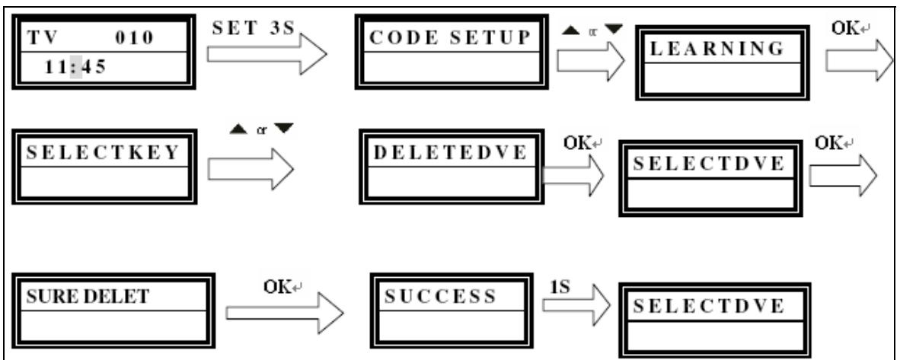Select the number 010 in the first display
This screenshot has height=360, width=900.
[x=134, y=38]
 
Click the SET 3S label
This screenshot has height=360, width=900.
[x=252, y=29]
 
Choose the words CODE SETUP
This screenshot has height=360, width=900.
[x=450, y=38]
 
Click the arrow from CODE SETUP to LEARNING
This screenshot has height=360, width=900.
[x=591, y=60]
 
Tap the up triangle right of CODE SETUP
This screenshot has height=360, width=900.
[x=572, y=29]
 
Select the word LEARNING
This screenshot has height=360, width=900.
[x=717, y=49]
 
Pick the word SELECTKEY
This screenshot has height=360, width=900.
[x=104, y=153]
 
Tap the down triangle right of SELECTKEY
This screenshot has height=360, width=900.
[x=283, y=129]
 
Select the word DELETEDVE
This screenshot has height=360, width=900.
[x=451, y=152]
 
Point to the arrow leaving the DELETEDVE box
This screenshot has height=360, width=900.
[x=573, y=174]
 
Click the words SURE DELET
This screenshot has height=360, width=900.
[x=88, y=296]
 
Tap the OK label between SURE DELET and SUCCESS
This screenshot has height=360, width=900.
[x=279, y=286]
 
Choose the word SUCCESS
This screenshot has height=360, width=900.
[x=439, y=296]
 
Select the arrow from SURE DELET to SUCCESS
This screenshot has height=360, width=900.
[x=285, y=313]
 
